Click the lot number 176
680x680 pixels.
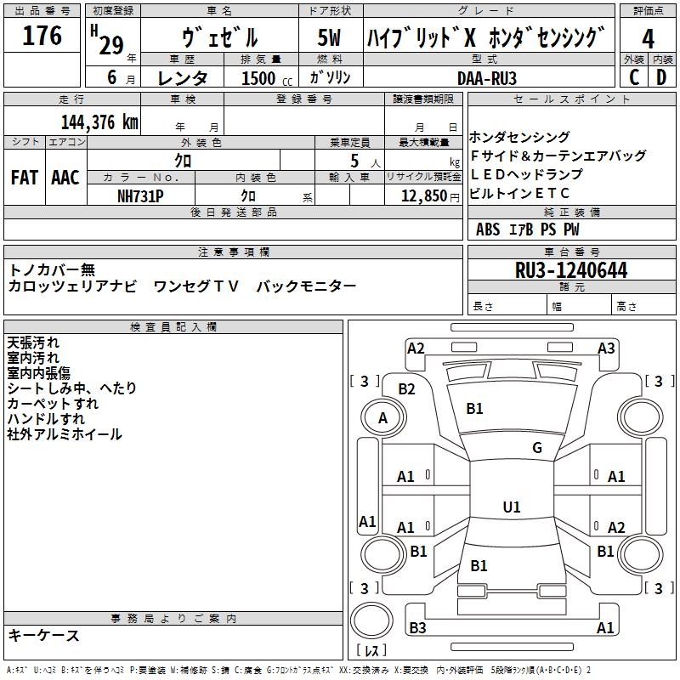click(42, 36)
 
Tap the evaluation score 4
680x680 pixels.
click(648, 38)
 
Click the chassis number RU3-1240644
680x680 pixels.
click(571, 270)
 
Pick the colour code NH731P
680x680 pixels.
click(140, 195)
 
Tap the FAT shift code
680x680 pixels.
click(24, 178)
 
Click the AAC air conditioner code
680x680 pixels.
click(65, 178)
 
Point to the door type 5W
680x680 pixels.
click(329, 38)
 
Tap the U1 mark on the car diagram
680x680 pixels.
click(512, 507)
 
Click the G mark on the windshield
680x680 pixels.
click(537, 448)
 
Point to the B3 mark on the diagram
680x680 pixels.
click(417, 627)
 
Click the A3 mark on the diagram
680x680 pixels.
click(606, 348)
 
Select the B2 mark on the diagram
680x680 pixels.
click(407, 388)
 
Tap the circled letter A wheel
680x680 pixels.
click(382, 417)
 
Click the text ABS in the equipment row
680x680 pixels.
click(488, 229)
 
